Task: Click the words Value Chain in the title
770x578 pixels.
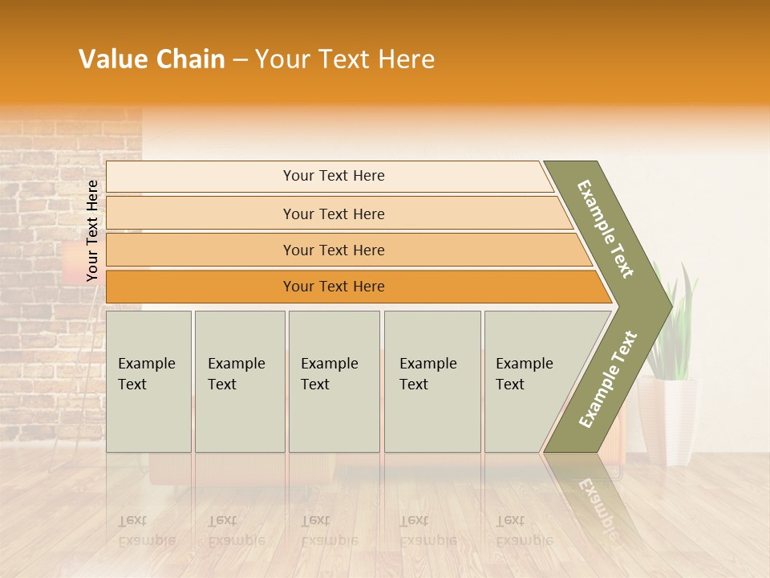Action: point(152,59)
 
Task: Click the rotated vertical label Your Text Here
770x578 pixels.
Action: point(92,230)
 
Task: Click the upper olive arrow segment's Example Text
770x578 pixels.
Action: point(606,229)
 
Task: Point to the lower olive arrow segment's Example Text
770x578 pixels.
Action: point(608,379)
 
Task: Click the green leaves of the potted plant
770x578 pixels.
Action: point(674,321)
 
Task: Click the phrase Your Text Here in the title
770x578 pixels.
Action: point(345,59)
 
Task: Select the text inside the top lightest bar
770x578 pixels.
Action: point(334,176)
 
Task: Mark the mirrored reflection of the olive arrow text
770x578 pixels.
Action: point(598,502)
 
